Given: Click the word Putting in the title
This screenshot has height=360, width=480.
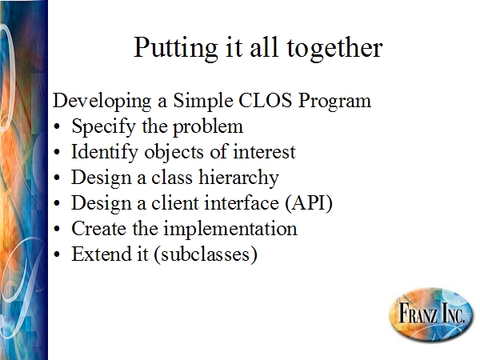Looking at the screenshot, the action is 176,49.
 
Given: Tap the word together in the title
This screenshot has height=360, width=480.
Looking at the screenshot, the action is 334,49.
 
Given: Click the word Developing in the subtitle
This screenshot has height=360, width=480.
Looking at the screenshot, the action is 102,102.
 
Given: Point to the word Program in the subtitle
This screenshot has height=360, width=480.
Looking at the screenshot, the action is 334,102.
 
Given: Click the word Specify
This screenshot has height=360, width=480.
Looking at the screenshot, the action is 103,127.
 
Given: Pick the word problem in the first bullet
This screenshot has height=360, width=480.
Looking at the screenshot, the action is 208,127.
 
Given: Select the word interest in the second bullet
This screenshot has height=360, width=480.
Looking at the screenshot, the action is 264,152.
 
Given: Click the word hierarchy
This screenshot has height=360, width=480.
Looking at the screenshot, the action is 238,178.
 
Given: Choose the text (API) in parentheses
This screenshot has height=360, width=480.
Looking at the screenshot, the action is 309,203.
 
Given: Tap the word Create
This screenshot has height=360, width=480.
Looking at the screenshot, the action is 98,229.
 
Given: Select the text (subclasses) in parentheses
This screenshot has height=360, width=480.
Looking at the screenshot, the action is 206,254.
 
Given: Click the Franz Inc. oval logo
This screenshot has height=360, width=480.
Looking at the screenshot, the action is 431,314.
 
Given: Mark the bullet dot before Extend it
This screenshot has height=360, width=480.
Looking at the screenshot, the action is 57,254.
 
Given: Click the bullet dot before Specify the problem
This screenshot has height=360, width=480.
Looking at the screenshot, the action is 57,127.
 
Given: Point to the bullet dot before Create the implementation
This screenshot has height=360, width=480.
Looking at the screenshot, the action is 57,230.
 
